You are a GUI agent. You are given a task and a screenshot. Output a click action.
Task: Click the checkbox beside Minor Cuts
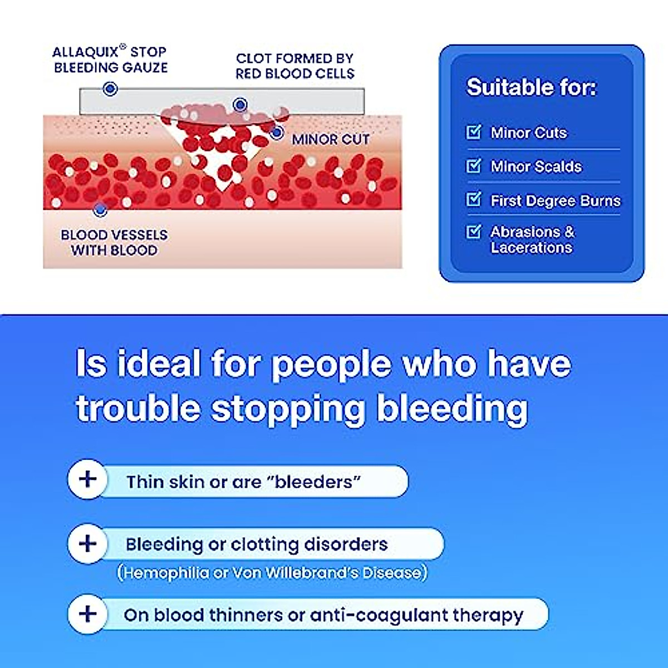click(x=473, y=132)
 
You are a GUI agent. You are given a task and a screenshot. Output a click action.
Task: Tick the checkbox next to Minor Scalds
click(x=473, y=166)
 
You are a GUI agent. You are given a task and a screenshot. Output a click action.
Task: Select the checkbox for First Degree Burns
click(x=473, y=199)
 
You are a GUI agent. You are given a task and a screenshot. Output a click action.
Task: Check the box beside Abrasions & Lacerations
click(x=473, y=232)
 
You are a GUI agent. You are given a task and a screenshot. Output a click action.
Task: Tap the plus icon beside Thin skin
click(x=87, y=479)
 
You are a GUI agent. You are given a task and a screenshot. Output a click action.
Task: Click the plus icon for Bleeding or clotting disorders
click(x=87, y=544)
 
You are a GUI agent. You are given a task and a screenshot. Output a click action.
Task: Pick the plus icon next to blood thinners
click(x=87, y=614)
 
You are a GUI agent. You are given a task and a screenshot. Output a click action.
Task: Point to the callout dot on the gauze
click(x=110, y=89)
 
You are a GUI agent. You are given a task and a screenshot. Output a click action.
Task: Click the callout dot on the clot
click(x=240, y=104)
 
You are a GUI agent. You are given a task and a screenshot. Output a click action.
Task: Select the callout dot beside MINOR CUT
click(x=277, y=132)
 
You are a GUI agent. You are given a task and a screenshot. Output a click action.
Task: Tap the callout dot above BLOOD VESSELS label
click(x=101, y=210)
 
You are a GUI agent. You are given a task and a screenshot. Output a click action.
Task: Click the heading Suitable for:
click(x=531, y=87)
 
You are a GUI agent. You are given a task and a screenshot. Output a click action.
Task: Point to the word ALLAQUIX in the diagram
click(x=85, y=52)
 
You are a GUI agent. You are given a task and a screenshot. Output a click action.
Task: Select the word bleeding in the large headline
click(x=452, y=409)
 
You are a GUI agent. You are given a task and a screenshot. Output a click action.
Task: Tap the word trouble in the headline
click(x=138, y=409)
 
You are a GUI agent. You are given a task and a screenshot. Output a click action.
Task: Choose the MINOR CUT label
click(x=331, y=139)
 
